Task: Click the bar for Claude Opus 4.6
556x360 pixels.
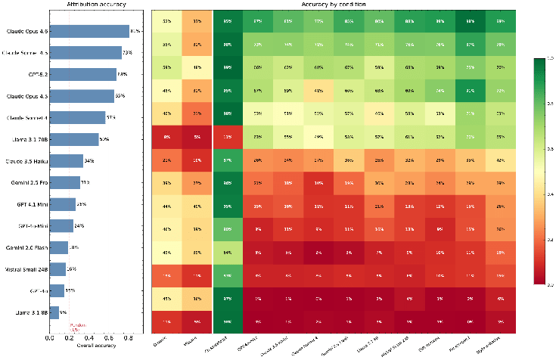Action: (x=89, y=31)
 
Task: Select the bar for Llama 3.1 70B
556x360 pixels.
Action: (x=74, y=139)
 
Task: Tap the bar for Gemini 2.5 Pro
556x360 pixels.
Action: (x=64, y=182)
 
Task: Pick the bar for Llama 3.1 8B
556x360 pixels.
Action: (x=54, y=312)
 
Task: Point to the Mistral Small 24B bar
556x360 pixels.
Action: (x=57, y=269)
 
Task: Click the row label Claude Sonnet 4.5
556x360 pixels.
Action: (x=27, y=53)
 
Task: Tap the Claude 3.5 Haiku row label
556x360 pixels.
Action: (x=27, y=161)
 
